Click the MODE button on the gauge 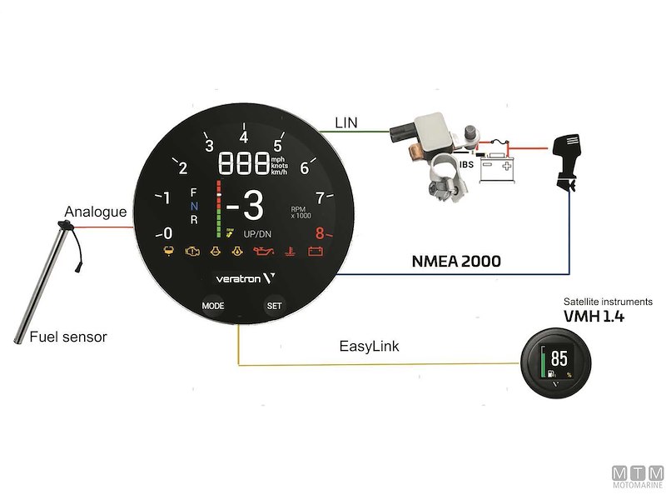click(x=212, y=306)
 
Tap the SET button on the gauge click(x=274, y=306)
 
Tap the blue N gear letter click(x=194, y=206)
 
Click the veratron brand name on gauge click(x=235, y=278)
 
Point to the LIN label click(x=346, y=122)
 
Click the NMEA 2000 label click(x=457, y=261)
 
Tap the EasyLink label click(x=370, y=344)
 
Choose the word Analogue click(x=97, y=212)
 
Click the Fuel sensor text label click(x=68, y=337)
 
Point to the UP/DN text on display click(x=257, y=233)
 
